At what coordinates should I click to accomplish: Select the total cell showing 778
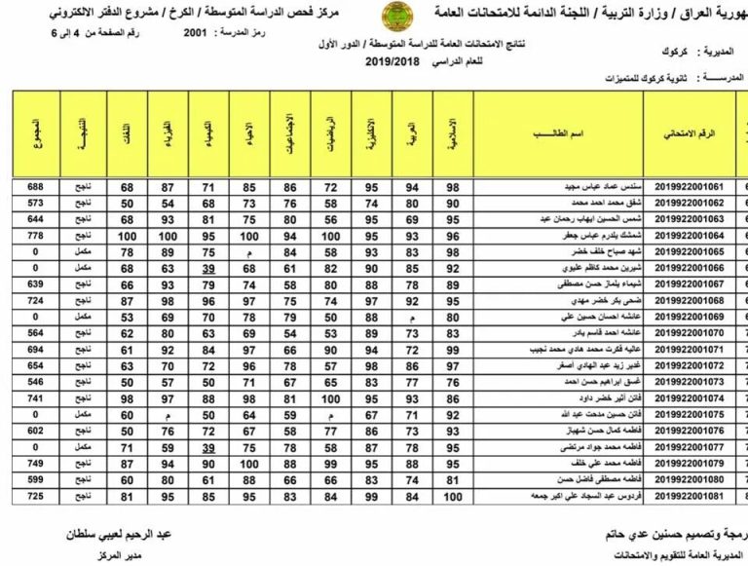[36, 235]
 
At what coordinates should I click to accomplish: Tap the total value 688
[36, 185]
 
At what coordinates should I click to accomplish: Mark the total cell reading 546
[36, 382]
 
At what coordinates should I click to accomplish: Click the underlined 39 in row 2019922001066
[208, 268]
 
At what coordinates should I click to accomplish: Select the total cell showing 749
[36, 464]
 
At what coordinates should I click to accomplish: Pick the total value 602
[36, 431]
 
